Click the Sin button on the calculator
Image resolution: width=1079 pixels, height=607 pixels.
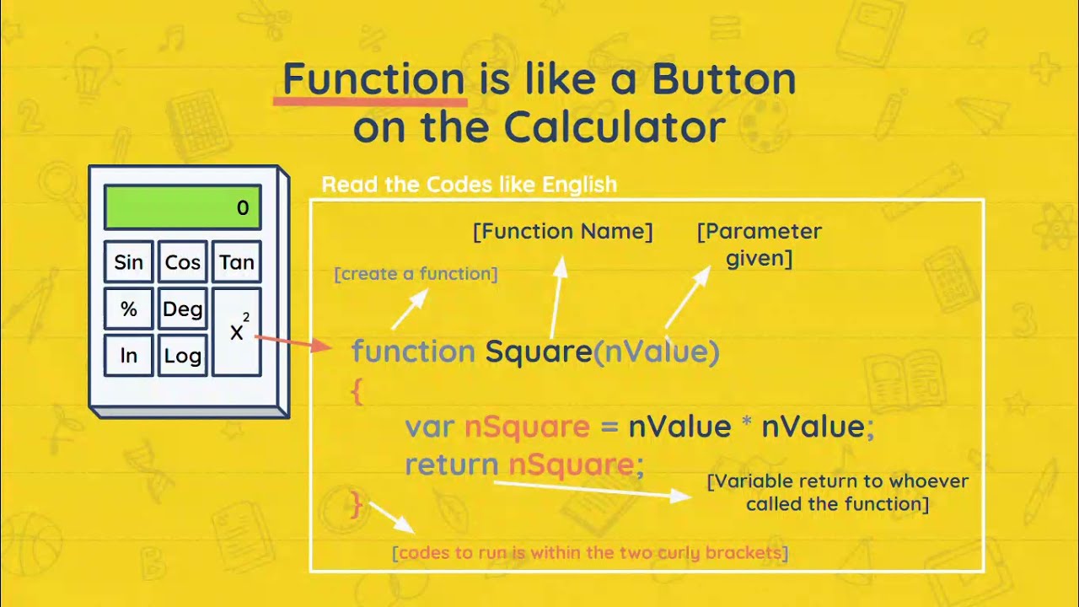point(129,262)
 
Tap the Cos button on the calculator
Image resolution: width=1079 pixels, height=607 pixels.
point(182,262)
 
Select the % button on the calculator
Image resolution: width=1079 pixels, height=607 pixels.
point(129,309)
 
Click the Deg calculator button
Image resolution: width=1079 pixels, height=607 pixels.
point(182,309)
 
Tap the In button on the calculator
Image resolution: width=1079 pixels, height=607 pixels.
point(129,356)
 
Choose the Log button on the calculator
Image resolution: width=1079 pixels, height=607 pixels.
point(182,356)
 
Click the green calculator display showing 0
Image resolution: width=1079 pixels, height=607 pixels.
point(182,207)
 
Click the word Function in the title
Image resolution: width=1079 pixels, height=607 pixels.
point(373,79)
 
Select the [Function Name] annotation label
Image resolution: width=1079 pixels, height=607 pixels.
point(562,231)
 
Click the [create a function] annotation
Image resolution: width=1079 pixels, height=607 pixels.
point(416,274)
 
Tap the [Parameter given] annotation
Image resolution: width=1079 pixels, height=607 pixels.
point(759,244)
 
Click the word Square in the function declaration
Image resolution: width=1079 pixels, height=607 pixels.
point(539,352)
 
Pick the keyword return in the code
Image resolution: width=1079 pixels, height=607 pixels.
point(452,465)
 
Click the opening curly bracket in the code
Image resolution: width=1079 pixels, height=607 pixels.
point(357,391)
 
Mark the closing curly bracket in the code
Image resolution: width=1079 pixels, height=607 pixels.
point(357,505)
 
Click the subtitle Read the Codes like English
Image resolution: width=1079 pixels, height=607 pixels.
point(469,185)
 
